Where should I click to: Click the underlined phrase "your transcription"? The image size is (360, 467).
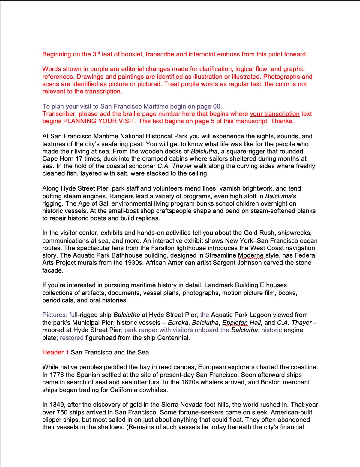[274, 114]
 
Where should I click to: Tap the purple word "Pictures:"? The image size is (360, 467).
[55, 315]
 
